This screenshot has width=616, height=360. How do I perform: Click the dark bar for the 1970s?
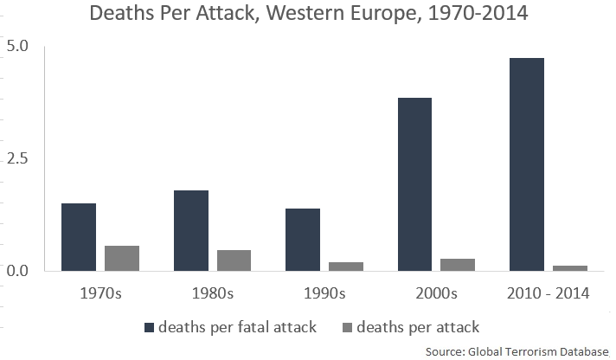tap(79, 237)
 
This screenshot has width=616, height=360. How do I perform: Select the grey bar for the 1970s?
tap(122, 258)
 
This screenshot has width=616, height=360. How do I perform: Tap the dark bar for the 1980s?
tap(190, 230)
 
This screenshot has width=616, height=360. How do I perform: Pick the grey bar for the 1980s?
tap(234, 260)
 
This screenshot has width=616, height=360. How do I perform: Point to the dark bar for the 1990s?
tap(303, 240)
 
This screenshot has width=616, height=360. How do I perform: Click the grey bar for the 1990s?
tap(346, 266)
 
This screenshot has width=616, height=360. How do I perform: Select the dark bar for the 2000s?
tap(414, 184)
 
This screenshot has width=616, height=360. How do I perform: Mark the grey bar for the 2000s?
tap(458, 264)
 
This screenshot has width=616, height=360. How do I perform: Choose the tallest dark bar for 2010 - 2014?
tap(526, 164)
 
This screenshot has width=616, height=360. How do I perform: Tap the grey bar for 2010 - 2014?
tap(569, 267)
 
